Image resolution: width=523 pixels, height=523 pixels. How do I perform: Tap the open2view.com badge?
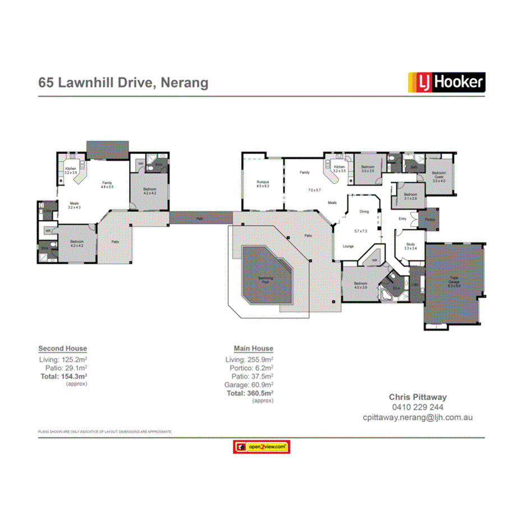pos(261,447)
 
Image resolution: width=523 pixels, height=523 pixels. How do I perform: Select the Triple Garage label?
pos(453,281)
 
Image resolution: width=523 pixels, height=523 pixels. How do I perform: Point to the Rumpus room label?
pos(263,183)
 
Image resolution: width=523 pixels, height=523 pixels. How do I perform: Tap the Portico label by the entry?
pos(430,219)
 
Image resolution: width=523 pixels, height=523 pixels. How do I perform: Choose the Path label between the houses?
pos(200,218)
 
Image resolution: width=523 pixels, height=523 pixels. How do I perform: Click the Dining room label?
pos(364,212)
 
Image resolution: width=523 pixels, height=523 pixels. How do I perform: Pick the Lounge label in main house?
pos(347,246)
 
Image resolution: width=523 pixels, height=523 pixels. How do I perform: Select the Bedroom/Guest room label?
pos(439,177)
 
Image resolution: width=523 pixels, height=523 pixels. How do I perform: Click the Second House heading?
pos(62,348)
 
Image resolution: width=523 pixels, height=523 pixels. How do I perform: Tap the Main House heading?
pos(254,348)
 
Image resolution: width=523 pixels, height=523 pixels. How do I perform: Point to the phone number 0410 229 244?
pos(418,407)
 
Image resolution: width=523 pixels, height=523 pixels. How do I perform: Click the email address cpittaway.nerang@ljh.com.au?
pos(418,418)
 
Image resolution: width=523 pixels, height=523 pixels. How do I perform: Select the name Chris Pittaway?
pos(418,397)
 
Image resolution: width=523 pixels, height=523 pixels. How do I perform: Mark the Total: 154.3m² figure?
pos(63,377)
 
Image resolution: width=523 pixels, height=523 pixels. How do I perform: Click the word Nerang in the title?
pos(184,83)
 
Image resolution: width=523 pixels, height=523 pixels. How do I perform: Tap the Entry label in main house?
pos(402,218)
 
